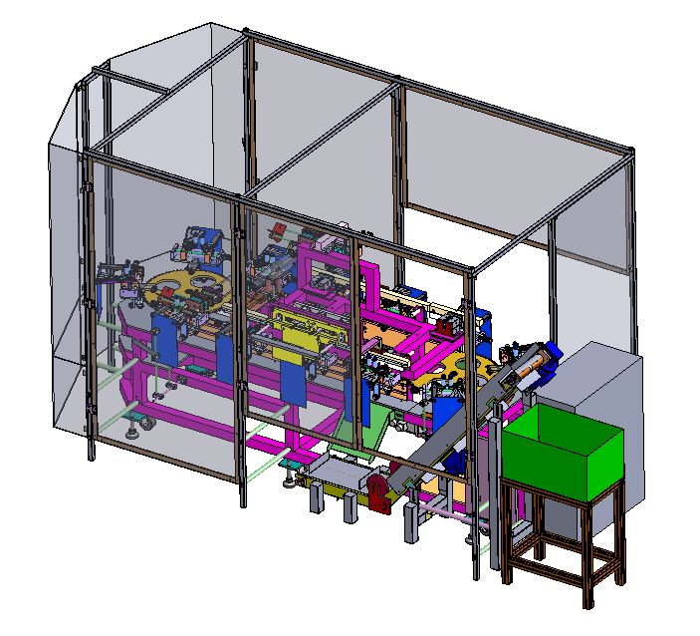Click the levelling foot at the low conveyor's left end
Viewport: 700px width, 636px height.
(x=289, y=482)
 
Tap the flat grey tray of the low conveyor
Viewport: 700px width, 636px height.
(x=339, y=469)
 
